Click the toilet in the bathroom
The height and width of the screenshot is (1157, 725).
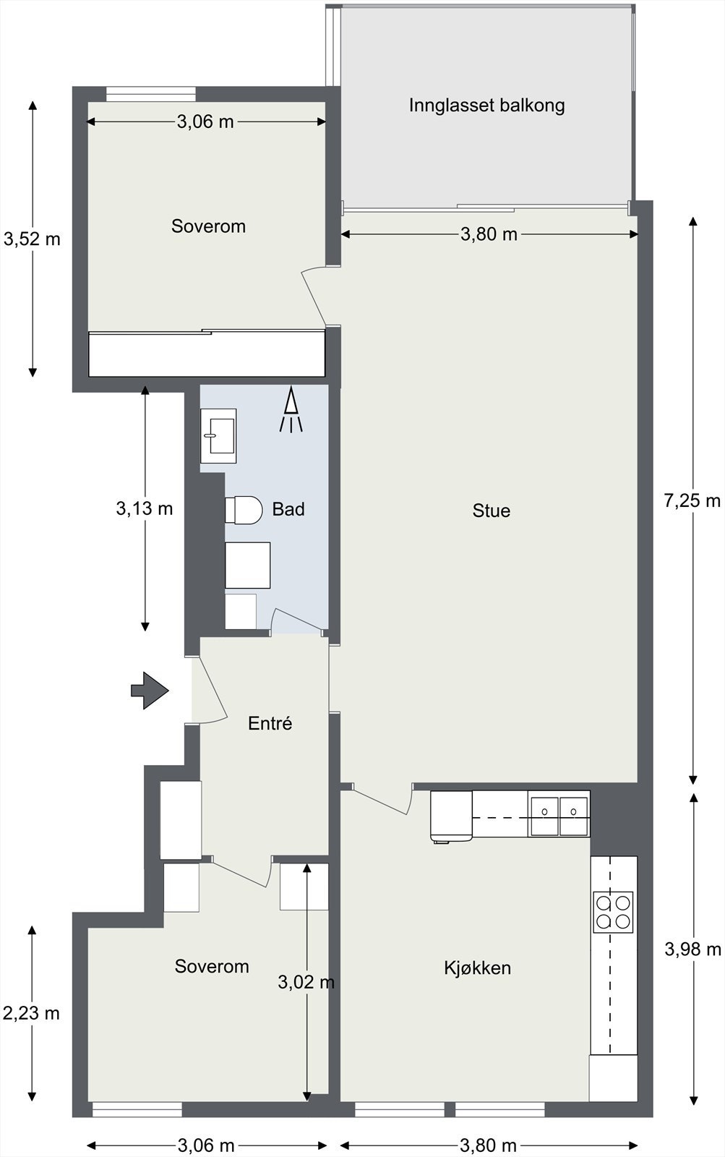click(x=243, y=511)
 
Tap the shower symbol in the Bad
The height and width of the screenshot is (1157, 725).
click(x=291, y=409)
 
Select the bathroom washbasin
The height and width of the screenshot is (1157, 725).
click(x=218, y=436)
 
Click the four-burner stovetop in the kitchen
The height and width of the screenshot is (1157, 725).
click(x=613, y=912)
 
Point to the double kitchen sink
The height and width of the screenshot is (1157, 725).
click(x=559, y=816)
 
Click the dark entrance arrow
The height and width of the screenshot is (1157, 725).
click(x=150, y=691)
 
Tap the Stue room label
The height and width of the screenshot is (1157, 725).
click(x=491, y=511)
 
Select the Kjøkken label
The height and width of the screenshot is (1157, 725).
click(x=477, y=968)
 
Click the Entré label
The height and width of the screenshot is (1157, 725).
click(x=270, y=723)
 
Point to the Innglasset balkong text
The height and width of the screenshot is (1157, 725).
click(x=486, y=106)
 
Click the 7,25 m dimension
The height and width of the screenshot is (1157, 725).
click(x=692, y=500)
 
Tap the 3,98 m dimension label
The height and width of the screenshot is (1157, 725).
click(x=692, y=949)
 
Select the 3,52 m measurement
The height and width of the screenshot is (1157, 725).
click(x=32, y=239)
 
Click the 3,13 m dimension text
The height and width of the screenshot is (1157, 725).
click(x=144, y=509)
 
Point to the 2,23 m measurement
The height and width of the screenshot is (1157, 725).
click(x=32, y=1013)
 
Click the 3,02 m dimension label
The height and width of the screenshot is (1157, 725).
click(x=306, y=982)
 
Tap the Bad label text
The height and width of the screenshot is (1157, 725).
click(x=288, y=509)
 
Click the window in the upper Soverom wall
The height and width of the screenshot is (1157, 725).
click(x=151, y=94)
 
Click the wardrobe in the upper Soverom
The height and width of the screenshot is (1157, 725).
click(x=207, y=354)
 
